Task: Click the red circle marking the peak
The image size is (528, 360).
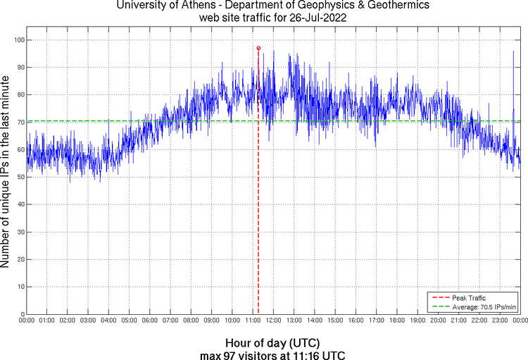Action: tap(258, 48)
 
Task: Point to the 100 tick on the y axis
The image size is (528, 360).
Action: tap(19, 40)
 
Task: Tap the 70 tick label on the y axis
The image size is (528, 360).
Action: tap(20, 123)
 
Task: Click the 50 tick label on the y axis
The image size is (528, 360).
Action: tap(20, 178)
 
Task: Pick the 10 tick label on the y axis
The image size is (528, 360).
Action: tap(20, 287)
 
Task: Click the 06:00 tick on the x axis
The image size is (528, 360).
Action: tap(150, 321)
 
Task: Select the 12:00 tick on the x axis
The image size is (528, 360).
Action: tap(273, 321)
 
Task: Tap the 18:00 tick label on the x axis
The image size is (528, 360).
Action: tap(397, 321)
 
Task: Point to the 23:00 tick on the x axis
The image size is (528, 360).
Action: tap(500, 321)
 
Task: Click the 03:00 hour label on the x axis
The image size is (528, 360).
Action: tap(88, 321)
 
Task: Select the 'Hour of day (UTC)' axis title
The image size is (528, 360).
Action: tap(273, 342)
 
